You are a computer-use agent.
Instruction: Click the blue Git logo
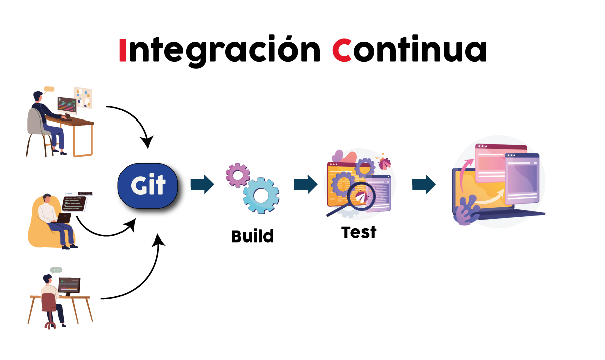point(148,186)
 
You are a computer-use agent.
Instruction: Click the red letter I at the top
point(123,50)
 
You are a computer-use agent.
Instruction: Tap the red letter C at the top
point(342,50)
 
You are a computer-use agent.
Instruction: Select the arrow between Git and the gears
point(202,184)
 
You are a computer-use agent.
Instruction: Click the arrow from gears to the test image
point(305,184)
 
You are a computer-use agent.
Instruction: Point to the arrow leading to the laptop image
point(424,184)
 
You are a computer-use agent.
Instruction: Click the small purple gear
point(237,175)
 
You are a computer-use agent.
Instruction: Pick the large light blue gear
point(261,195)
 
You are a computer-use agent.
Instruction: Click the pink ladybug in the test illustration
point(384,163)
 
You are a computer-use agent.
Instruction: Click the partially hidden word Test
point(358,230)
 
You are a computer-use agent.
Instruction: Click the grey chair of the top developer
point(35,123)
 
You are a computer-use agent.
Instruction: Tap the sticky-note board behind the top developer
point(83,97)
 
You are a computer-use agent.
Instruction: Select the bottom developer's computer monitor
point(69,285)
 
